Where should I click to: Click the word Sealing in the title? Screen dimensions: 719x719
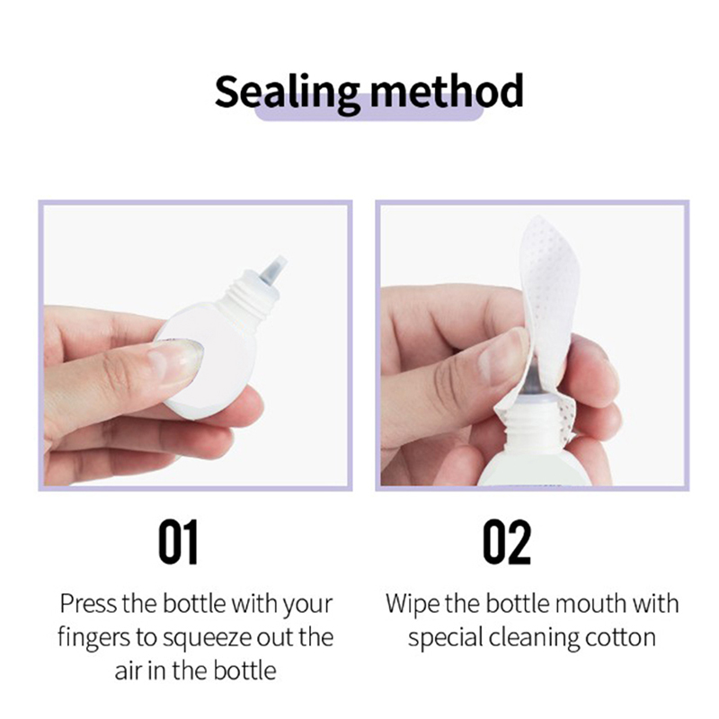point(287,93)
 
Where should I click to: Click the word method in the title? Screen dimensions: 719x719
point(447,91)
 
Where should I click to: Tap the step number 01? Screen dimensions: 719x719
point(178,542)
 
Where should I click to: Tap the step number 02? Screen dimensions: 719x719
point(507,542)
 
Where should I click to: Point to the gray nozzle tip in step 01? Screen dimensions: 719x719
point(274,269)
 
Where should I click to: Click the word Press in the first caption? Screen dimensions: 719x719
point(88,603)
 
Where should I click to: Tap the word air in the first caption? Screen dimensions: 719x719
point(125,670)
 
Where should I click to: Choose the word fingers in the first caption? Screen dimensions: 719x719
point(93,639)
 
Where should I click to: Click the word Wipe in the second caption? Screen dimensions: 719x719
point(413,604)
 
